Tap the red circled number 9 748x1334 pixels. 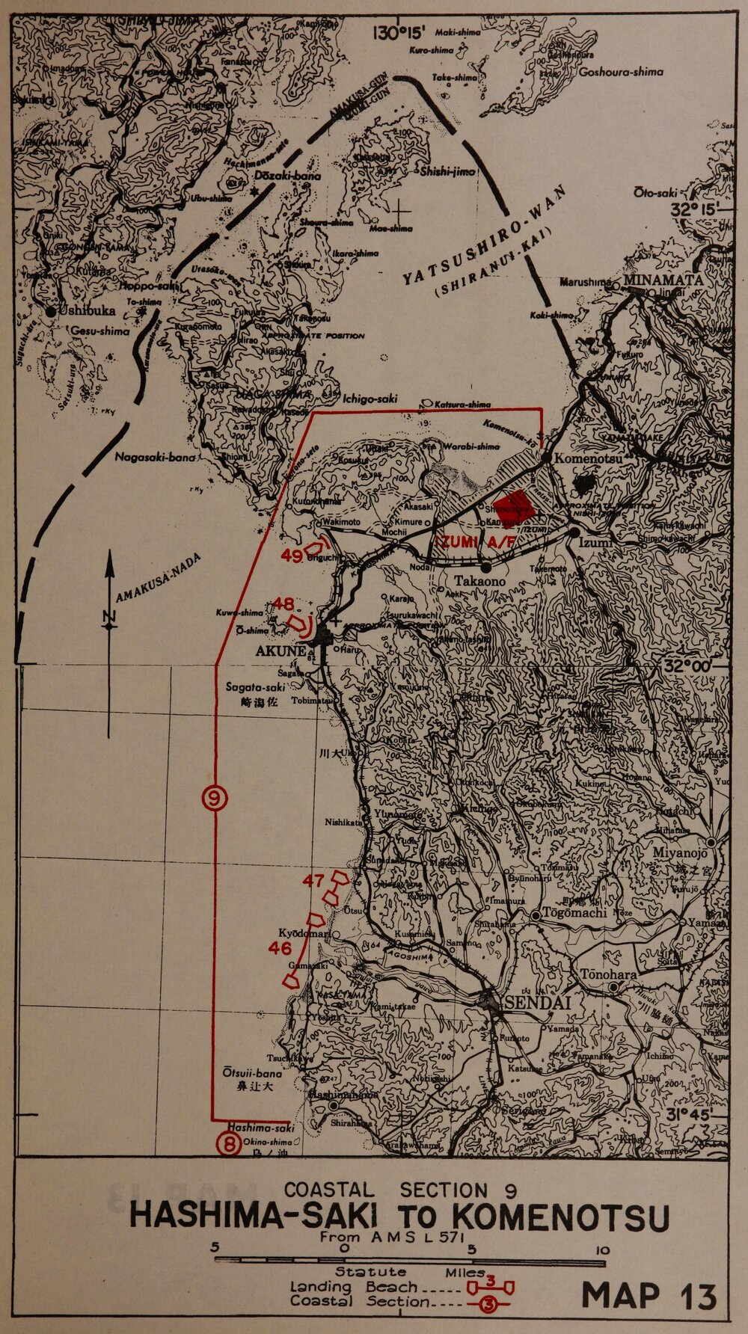click(215, 799)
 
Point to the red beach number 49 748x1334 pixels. click(292, 556)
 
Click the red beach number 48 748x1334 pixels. click(283, 603)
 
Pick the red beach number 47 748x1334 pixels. click(313, 880)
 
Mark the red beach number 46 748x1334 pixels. click(280, 948)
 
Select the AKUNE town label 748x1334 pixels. click(280, 651)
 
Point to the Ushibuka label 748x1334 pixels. click(84, 311)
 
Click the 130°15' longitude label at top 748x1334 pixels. click(400, 32)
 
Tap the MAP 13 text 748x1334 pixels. click(649, 1296)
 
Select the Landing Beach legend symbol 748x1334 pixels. click(490, 1287)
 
